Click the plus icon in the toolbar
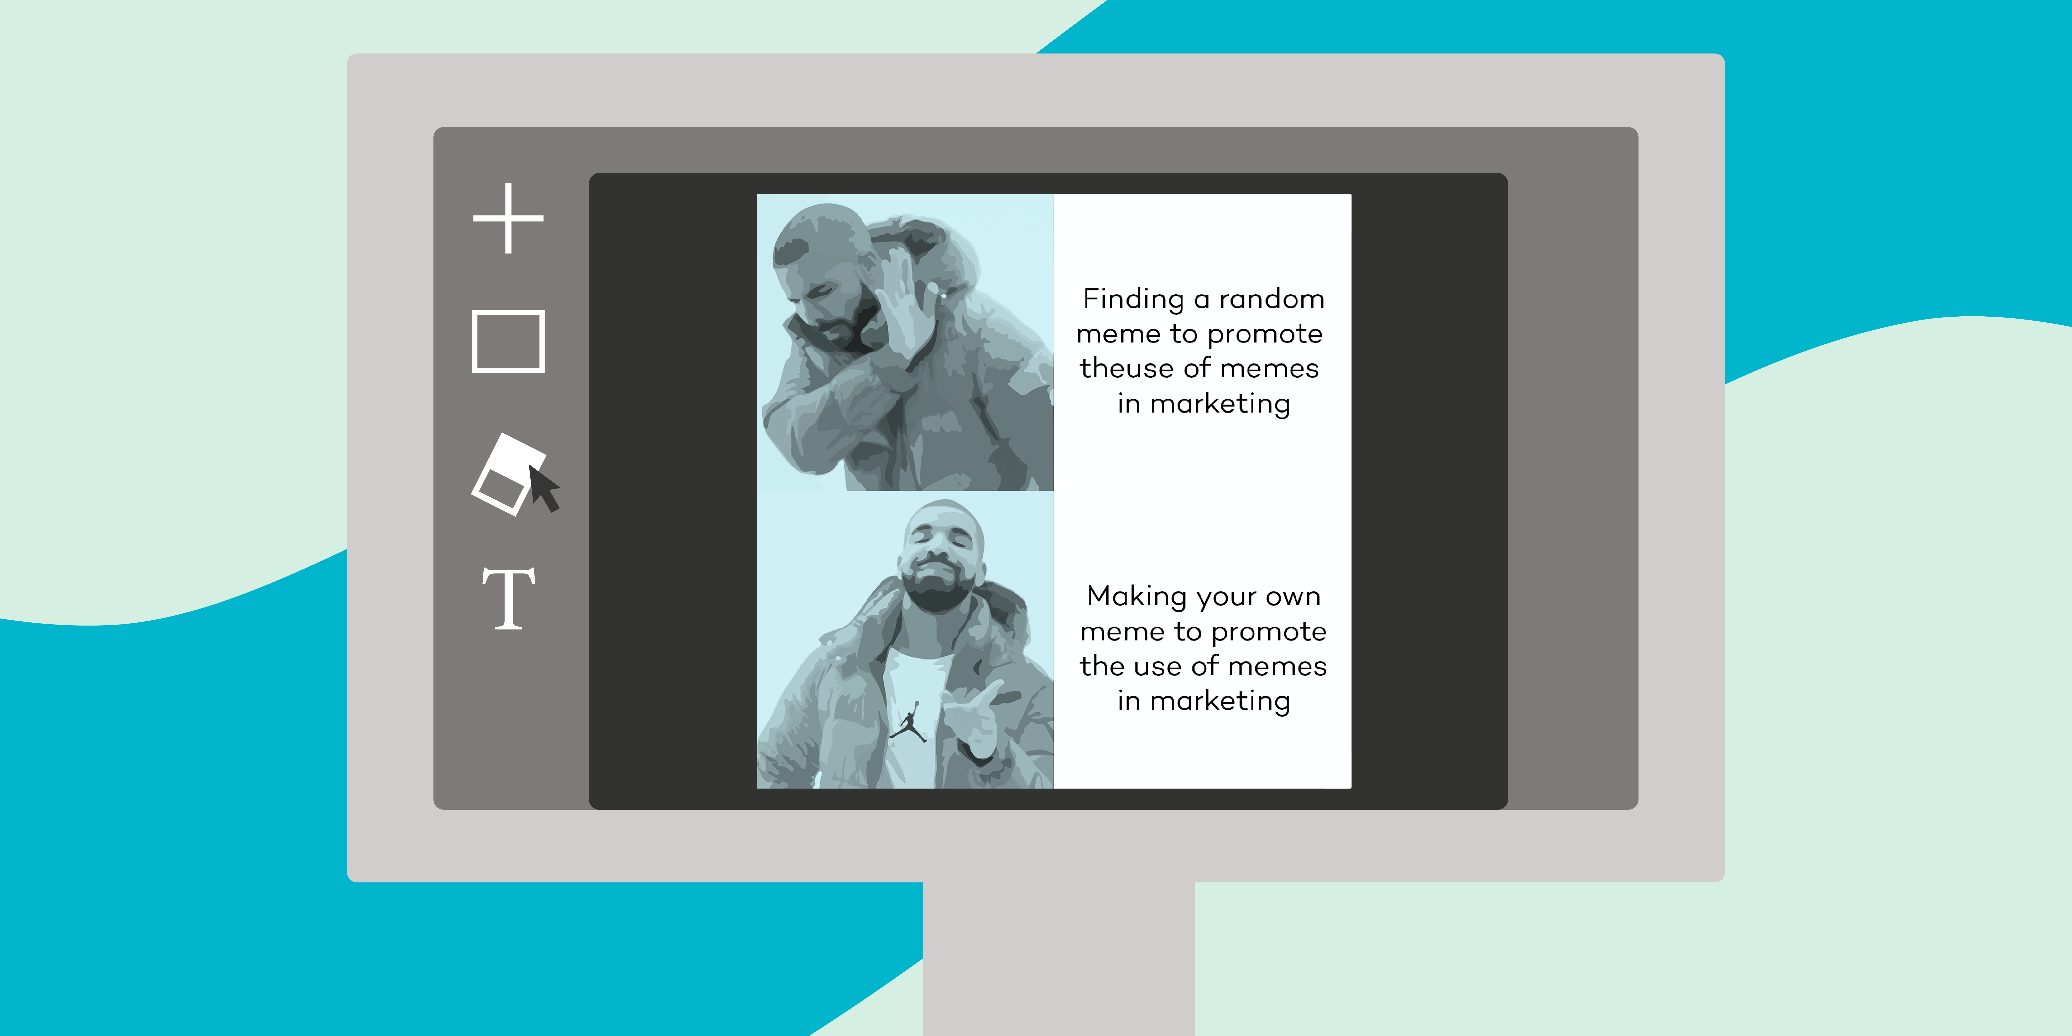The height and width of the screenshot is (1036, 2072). click(x=508, y=218)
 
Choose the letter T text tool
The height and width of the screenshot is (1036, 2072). click(x=508, y=598)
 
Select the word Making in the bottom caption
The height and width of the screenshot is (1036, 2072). click(x=1137, y=597)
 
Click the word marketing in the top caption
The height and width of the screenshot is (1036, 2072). click(x=1220, y=404)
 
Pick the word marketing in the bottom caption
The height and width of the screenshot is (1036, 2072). click(x=1220, y=701)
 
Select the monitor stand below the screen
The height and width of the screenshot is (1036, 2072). click(x=1059, y=959)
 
